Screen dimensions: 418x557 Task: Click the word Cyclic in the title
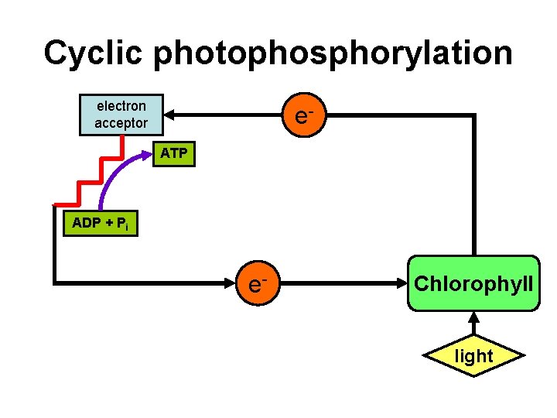coord(94,53)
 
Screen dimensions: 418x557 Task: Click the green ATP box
coord(173,153)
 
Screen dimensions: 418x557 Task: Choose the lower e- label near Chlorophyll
coord(258,283)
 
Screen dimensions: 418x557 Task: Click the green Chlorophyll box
coord(473,283)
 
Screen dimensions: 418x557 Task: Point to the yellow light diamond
coord(473,356)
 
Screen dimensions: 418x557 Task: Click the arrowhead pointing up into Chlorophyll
coord(473,317)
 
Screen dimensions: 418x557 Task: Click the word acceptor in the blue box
coord(121,123)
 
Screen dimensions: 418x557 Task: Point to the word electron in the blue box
coord(121,106)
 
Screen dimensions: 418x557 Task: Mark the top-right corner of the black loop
coord(473,116)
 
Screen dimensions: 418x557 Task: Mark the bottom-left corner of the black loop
coord(54,283)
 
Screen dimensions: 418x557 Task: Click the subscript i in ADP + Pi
coord(126,228)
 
